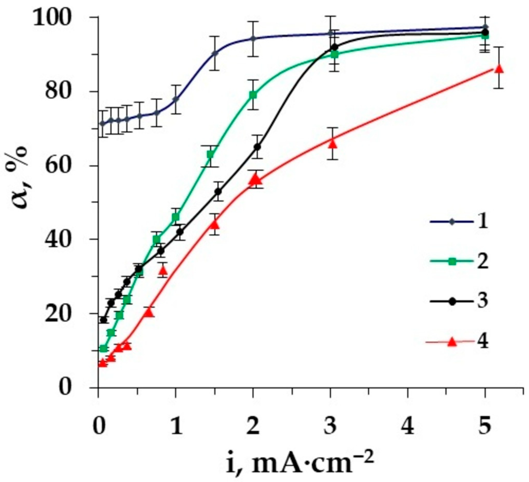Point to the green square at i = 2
click(253, 95)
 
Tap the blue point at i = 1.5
click(215, 53)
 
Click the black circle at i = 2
click(258, 147)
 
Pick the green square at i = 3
click(335, 54)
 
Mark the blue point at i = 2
click(253, 39)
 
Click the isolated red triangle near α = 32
click(163, 271)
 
